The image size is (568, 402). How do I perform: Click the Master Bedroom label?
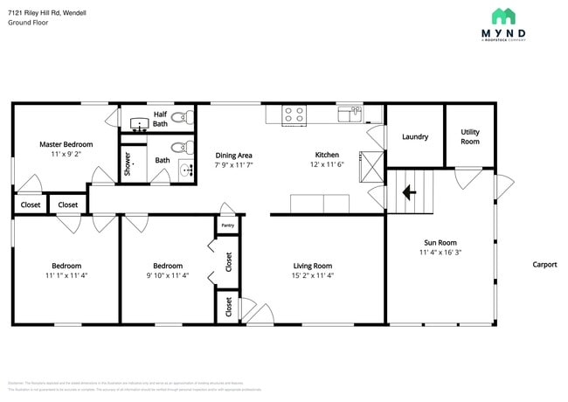pos(66,144)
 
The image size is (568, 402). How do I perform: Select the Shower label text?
pos(127,163)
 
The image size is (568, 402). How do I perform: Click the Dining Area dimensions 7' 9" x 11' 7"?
pos(233,165)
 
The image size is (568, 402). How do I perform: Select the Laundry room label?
pos(414,137)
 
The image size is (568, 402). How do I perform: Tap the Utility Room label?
pos(470,136)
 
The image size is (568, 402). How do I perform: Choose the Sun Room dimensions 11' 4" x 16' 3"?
pos(440,253)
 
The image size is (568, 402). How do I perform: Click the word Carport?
pos(544,265)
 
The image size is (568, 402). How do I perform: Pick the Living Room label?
pos(312,266)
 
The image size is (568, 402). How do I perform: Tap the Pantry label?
pos(227,225)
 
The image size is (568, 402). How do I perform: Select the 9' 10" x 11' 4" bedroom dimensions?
pos(168,276)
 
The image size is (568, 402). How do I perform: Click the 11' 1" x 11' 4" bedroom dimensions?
pos(66,276)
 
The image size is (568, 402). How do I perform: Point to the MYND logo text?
pos(503,32)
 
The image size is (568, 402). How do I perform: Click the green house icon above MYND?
pos(503,16)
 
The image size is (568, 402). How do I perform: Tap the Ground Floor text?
pos(29,23)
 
